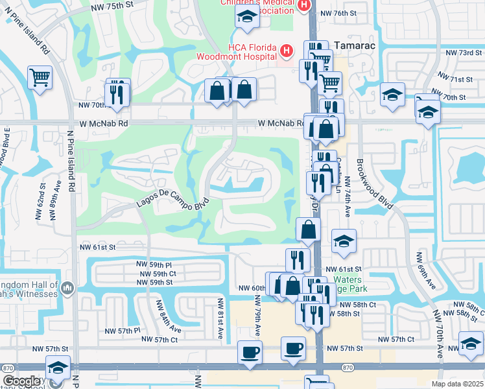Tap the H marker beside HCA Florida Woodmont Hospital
click(x=287, y=50)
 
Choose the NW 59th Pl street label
click(x=154, y=265)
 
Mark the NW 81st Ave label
click(x=220, y=312)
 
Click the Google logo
click(x=22, y=381)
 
